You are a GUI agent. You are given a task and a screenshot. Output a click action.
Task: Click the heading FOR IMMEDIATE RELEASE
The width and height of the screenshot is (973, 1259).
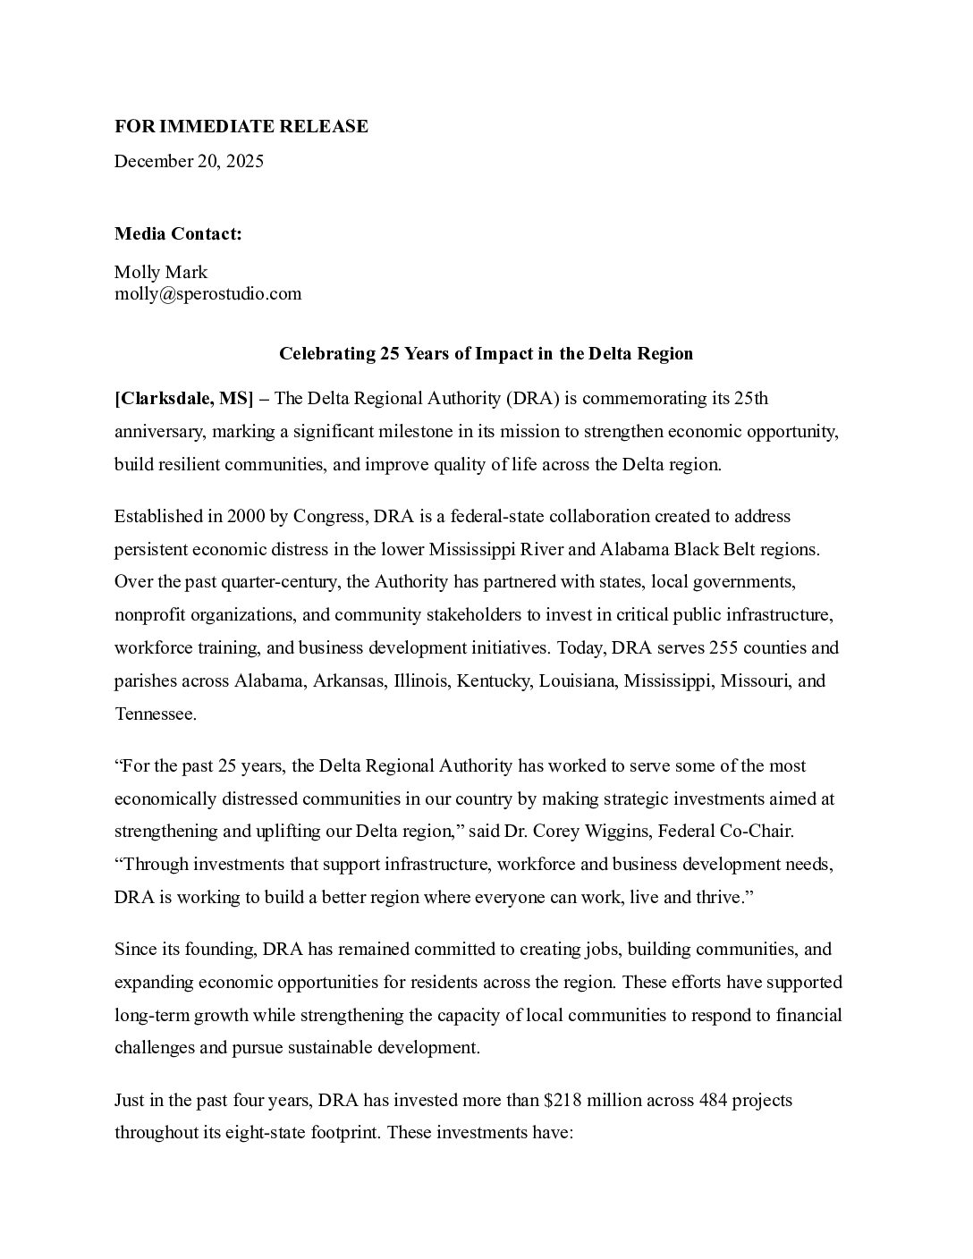tap(241, 127)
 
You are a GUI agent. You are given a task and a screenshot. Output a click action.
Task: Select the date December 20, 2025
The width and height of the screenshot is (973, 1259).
tap(189, 162)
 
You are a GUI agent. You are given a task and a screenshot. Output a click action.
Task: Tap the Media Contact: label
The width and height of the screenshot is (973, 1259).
tap(178, 234)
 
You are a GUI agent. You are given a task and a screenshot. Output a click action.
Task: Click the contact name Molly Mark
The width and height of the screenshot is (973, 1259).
tap(161, 272)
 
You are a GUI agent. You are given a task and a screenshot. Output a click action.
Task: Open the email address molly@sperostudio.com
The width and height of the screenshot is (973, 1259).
tap(207, 293)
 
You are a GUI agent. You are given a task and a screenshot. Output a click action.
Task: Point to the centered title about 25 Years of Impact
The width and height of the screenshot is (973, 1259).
tap(486, 353)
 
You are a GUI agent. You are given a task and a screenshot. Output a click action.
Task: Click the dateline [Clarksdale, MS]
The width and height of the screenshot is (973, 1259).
tap(184, 398)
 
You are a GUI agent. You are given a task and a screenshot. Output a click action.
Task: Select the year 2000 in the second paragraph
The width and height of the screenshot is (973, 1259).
tap(246, 516)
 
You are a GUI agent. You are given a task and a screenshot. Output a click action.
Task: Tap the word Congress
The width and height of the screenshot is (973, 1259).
tap(330, 516)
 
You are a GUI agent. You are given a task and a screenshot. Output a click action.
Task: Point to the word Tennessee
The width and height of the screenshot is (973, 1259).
tap(155, 714)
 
